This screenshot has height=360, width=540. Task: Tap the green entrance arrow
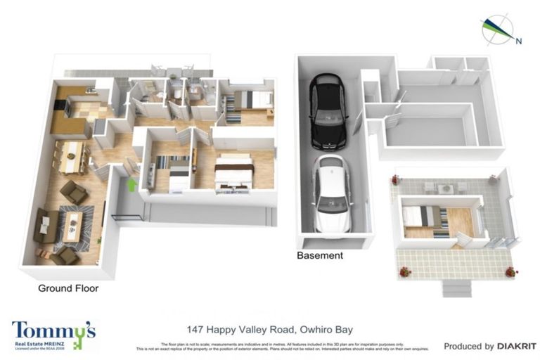(x=131, y=184)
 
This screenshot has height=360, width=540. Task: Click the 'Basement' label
(x=320, y=256)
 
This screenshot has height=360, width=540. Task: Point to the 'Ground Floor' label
(x=68, y=288)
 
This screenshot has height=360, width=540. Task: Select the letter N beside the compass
(x=518, y=41)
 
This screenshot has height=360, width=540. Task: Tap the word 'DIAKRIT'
(x=517, y=346)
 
